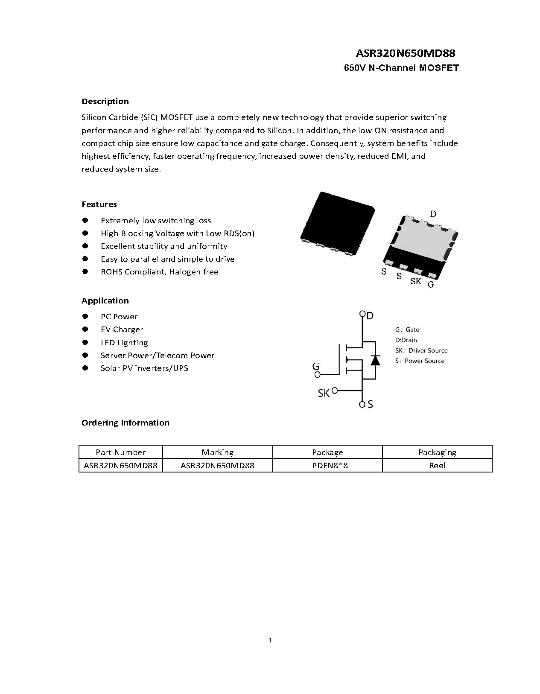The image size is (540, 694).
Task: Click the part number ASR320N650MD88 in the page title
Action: pyautogui.click(x=405, y=54)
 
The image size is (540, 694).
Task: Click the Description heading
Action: pyautogui.click(x=105, y=102)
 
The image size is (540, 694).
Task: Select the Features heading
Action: pyautogui.click(x=99, y=204)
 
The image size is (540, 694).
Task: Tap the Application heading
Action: pyautogui.click(x=105, y=301)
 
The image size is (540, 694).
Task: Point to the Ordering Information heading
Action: pyautogui.click(x=125, y=423)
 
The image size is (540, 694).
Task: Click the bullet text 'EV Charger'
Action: pyautogui.click(x=122, y=330)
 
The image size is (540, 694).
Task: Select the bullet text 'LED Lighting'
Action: pyautogui.click(x=124, y=343)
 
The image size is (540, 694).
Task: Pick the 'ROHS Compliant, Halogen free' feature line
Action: pyautogui.click(x=159, y=272)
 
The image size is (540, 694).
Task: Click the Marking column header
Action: pyautogui.click(x=217, y=452)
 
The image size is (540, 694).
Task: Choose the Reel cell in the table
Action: pyautogui.click(x=437, y=466)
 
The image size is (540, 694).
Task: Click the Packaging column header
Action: pyautogui.click(x=437, y=452)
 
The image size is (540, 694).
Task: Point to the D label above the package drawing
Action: pyautogui.click(x=433, y=214)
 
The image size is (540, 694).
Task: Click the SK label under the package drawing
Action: pyautogui.click(x=415, y=281)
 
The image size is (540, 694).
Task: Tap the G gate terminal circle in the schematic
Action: pyautogui.click(x=317, y=375)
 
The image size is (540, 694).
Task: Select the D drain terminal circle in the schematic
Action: pyautogui.click(x=362, y=314)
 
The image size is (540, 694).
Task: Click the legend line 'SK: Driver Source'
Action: pyautogui.click(x=421, y=350)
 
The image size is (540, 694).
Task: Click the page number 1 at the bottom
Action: pyautogui.click(x=270, y=640)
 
